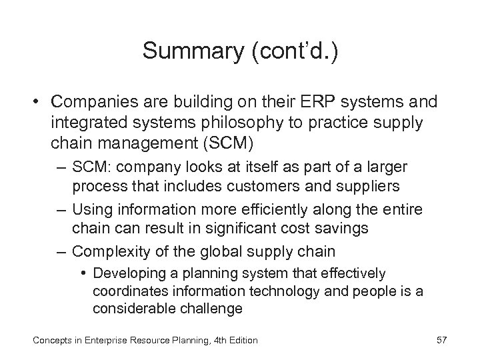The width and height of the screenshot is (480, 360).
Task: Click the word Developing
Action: (x=128, y=273)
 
